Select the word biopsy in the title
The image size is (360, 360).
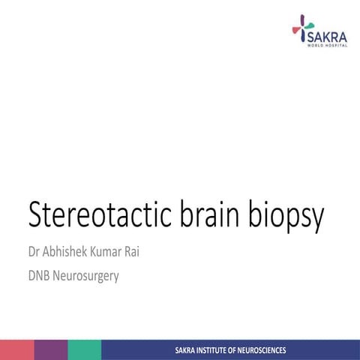click(x=289, y=216)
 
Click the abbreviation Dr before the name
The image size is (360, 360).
click(x=35, y=250)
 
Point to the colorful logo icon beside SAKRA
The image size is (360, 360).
click(x=299, y=28)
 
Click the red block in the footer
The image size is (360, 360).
click(x=16, y=349)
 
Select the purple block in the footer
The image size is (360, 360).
click(x=50, y=349)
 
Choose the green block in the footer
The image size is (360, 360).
click(x=84, y=349)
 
